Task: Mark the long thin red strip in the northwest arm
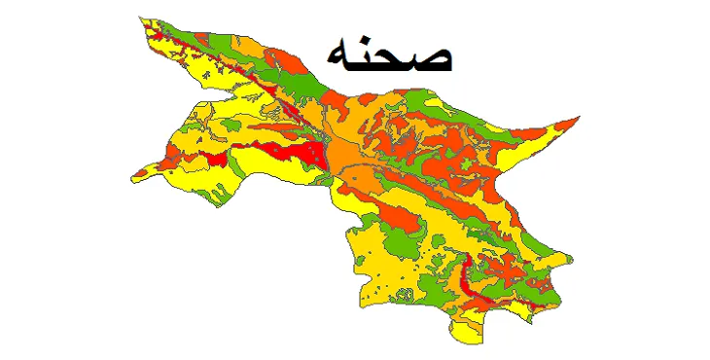pos(224,60)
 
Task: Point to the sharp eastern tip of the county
pos(579,118)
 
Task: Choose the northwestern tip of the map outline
pos(141,18)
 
